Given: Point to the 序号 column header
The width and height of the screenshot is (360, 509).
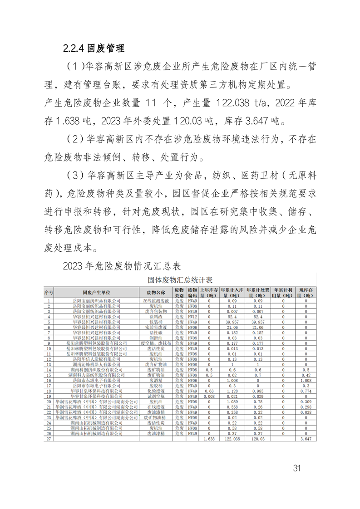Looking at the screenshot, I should (49, 293).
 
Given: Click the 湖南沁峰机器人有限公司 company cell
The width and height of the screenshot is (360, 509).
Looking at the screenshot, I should (96, 364).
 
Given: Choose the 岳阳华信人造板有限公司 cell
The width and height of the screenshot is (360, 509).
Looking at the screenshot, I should (96, 359).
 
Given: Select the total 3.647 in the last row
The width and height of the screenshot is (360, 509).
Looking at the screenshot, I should (306, 440).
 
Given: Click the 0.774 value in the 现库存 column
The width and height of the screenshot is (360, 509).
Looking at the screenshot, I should (306, 390).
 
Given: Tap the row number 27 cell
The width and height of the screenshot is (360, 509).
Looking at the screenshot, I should (49, 440).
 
